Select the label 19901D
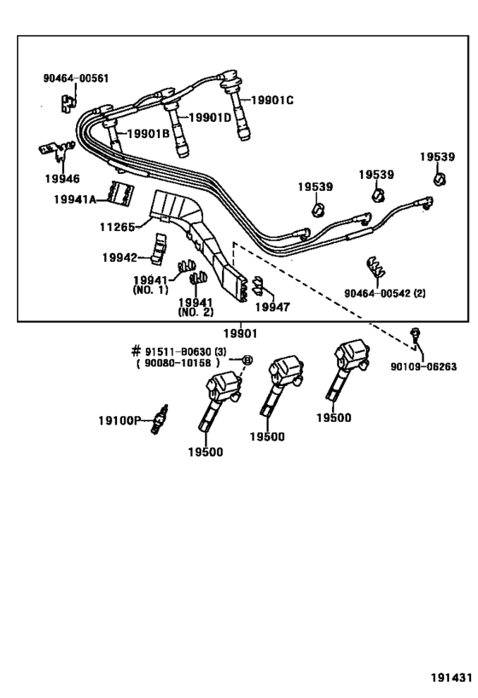click(x=209, y=118)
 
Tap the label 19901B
click(x=149, y=133)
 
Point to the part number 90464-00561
click(x=76, y=78)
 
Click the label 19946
click(x=61, y=180)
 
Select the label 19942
click(x=119, y=257)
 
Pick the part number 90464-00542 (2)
click(x=385, y=292)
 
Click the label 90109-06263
click(x=423, y=367)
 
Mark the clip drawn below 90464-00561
click(x=66, y=101)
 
